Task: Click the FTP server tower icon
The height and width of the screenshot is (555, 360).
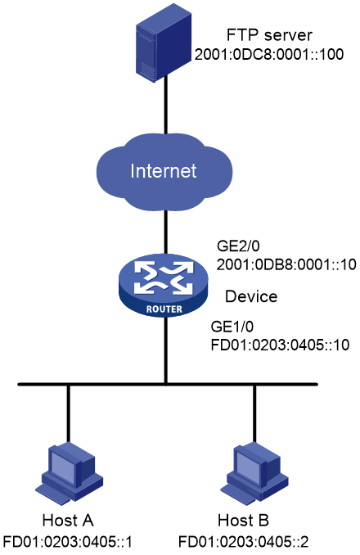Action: pos(164,43)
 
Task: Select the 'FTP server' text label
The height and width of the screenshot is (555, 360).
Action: pos(269,35)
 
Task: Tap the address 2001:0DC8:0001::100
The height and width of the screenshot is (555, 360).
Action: pos(269,54)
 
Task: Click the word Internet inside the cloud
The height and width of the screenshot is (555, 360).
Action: pos(164,171)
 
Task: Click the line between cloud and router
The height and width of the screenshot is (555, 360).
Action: pos(164,233)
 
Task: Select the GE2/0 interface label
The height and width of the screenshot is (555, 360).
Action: pos(238,246)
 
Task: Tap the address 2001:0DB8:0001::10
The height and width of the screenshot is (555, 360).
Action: pos(286,264)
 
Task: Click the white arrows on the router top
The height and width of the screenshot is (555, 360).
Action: pos(164,278)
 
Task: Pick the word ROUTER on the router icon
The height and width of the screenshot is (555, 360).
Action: pos(164,309)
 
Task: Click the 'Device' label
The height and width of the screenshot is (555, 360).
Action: pos(251,296)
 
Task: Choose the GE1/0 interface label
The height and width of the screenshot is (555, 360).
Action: pos(232,327)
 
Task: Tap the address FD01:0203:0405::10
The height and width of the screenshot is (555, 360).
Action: pos(280,345)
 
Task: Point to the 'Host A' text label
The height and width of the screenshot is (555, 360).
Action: pos(68,521)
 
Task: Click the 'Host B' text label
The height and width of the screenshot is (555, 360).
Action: pos(243,521)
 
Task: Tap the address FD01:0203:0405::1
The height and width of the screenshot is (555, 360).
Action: pos(68,542)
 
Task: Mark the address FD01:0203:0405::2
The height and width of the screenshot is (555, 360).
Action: pos(243,542)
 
